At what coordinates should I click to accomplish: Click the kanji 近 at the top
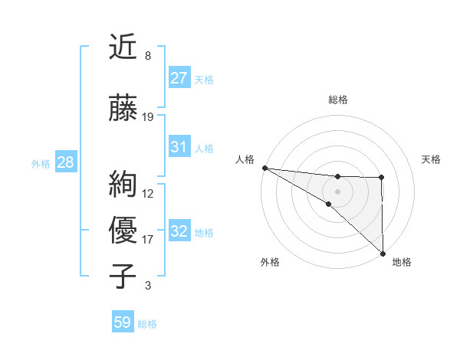123,47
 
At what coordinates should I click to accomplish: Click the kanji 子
123,275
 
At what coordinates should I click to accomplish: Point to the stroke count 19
148,117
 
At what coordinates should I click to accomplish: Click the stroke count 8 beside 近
147,56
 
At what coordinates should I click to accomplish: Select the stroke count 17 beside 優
148,240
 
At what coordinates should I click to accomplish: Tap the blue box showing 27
179,77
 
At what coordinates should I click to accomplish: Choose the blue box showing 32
179,231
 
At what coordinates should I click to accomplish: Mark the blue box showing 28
65,162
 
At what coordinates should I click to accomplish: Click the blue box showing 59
123,322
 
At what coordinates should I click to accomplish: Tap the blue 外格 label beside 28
41,164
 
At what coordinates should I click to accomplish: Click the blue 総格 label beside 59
147,324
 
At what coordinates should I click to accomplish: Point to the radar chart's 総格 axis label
337,100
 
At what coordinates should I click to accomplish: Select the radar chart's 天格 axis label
432,159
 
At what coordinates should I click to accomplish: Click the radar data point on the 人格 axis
264,168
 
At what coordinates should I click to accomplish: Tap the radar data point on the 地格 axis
382,253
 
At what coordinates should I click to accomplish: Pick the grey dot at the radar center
337,191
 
